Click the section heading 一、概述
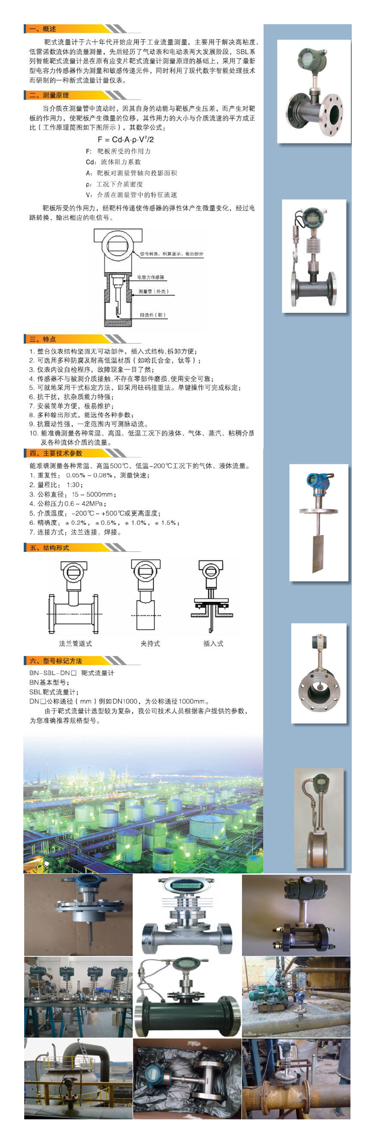pos(43,29)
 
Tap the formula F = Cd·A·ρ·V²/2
pos(126,140)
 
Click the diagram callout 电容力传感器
pos(151,277)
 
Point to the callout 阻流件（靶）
pos(153,315)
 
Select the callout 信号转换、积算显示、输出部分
pos(171,254)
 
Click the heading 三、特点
pos(43,339)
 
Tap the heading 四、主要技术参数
pos(56,453)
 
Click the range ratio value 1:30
pos(74,485)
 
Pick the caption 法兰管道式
pos(75,644)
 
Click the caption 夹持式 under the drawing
pos(150,644)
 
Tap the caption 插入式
pos(213,644)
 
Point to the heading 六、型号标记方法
pos(56,661)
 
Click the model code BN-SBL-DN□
pos(53,673)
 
